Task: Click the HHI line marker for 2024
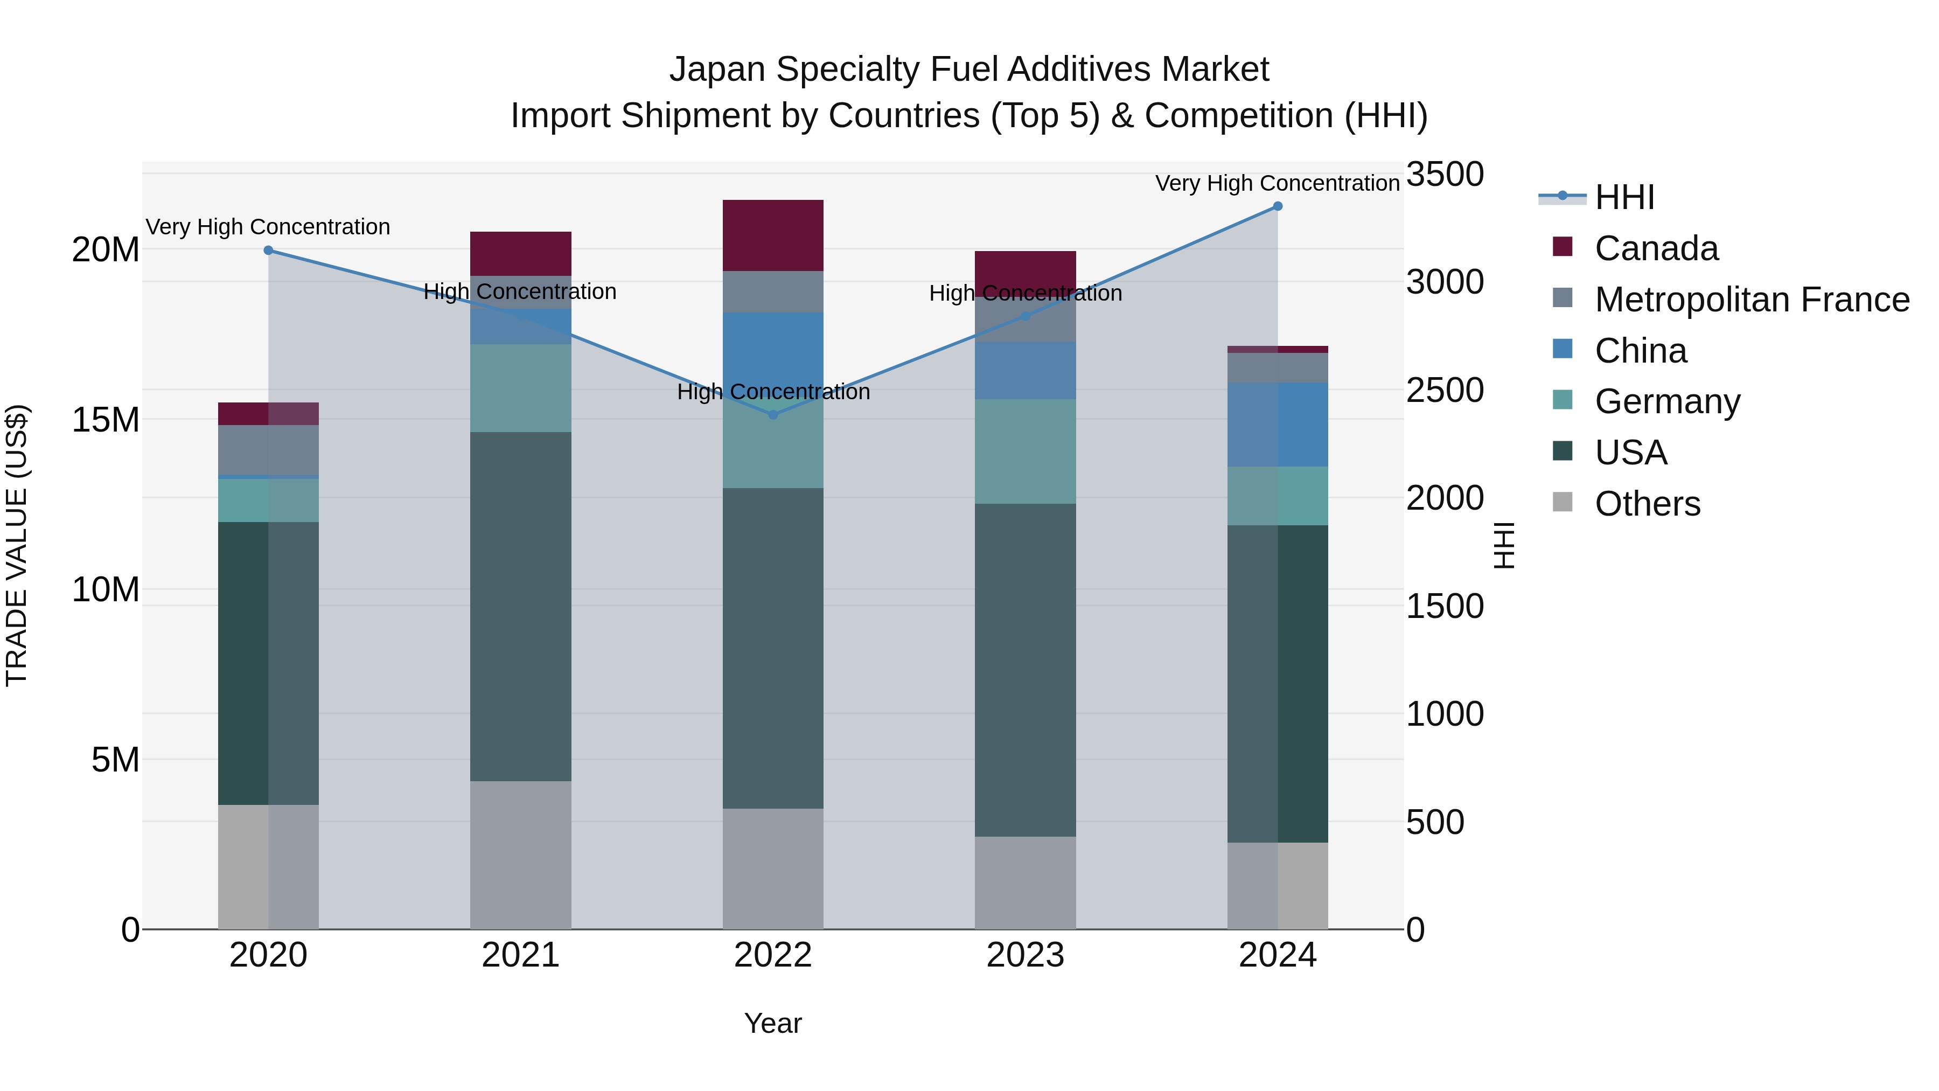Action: click(x=1278, y=206)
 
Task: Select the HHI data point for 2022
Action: click(x=773, y=415)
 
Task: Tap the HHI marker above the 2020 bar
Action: click(x=269, y=251)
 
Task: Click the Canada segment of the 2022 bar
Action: click(x=773, y=235)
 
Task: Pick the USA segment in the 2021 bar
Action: click(x=521, y=606)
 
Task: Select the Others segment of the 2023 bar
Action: click(x=1025, y=882)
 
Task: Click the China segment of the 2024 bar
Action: click(x=1278, y=425)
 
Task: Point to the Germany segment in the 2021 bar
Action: click(x=521, y=388)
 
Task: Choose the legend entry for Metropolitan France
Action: click(x=1752, y=300)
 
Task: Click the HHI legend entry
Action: click(x=1624, y=197)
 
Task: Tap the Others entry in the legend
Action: click(x=1647, y=504)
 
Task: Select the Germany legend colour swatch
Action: click(x=1563, y=400)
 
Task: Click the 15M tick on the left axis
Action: click(x=106, y=420)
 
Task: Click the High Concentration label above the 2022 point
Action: click(x=773, y=392)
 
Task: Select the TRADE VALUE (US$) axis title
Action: click(x=17, y=545)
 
